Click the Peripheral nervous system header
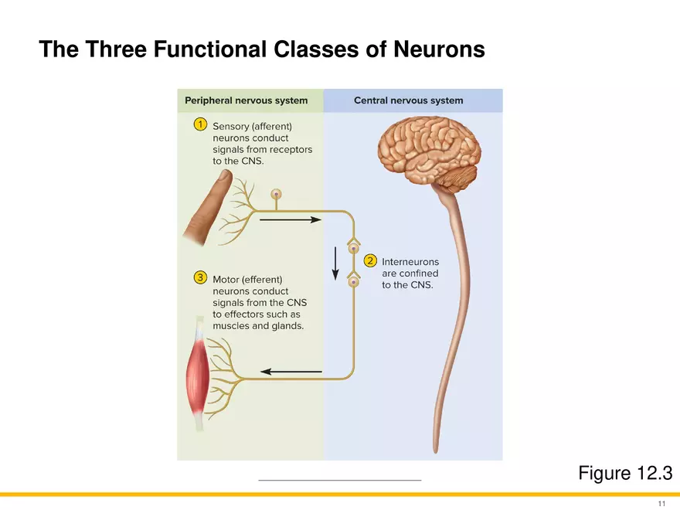click(246, 100)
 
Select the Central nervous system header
click(408, 100)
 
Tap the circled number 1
click(200, 124)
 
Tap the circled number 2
click(370, 260)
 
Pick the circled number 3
click(200, 277)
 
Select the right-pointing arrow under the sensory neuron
click(291, 219)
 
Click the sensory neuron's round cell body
click(276, 194)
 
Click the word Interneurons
click(410, 262)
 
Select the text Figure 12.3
click(624, 473)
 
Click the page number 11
click(661, 503)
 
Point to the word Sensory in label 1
click(232, 126)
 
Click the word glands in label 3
click(287, 325)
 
